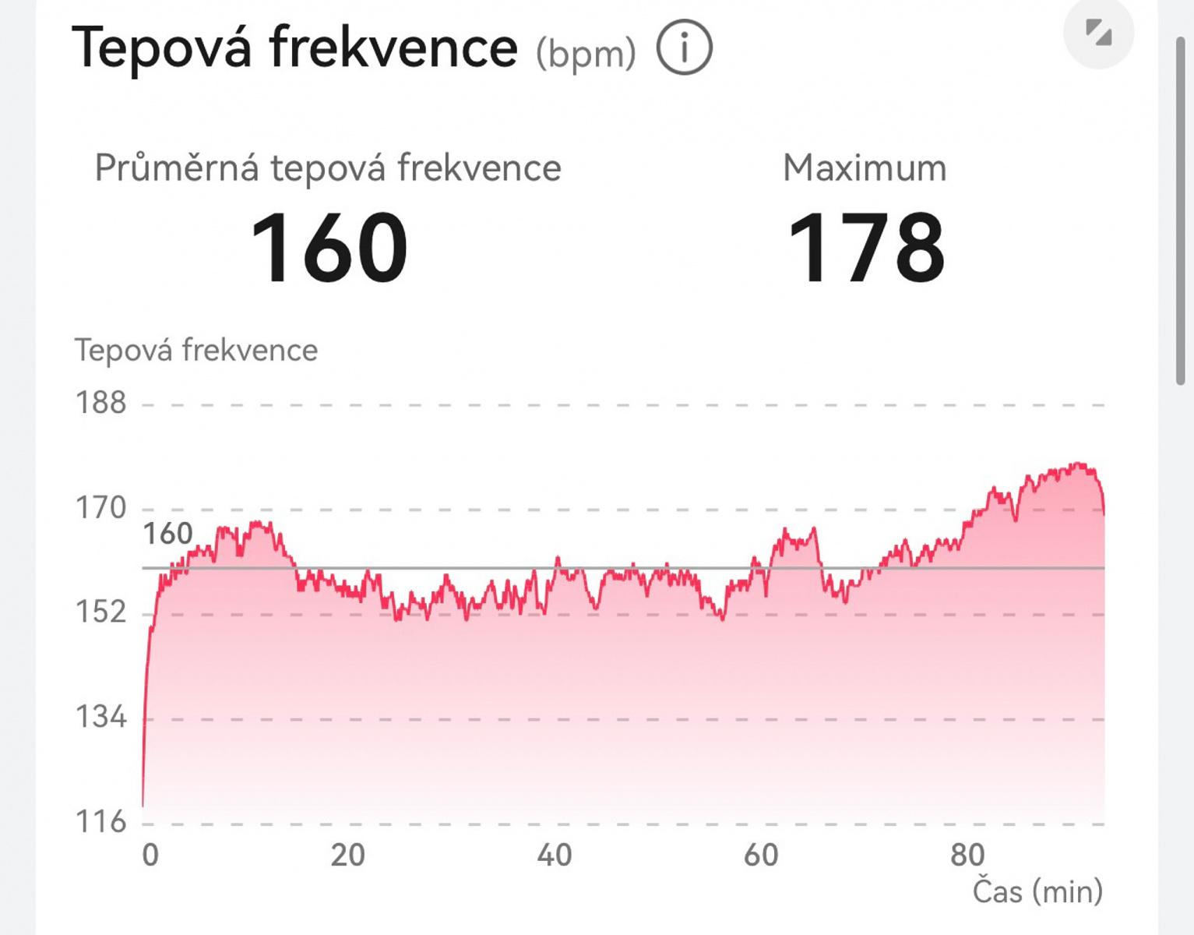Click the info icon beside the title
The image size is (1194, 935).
click(684, 48)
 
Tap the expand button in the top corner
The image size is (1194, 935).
click(1098, 33)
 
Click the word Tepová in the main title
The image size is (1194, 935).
click(162, 48)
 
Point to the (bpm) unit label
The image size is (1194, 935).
click(586, 54)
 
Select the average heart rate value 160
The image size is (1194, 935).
click(329, 249)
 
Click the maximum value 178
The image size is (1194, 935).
click(865, 249)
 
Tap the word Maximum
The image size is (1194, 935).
click(865, 168)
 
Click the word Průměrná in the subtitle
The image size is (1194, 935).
click(176, 168)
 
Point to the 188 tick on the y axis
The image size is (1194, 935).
click(100, 403)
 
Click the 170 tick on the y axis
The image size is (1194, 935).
click(100, 508)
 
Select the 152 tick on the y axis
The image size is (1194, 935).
click(100, 612)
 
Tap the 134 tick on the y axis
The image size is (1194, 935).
click(100, 717)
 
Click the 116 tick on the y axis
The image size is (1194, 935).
click(100, 821)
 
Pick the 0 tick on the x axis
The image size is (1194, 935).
click(150, 855)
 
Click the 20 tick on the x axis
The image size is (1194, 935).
click(347, 855)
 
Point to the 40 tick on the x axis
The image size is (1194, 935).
click(554, 855)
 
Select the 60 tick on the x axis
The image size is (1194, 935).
click(760, 855)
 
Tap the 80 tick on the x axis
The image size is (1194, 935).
click(967, 855)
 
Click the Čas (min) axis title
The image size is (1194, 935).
click(1037, 891)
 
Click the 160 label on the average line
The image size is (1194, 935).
click(167, 534)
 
